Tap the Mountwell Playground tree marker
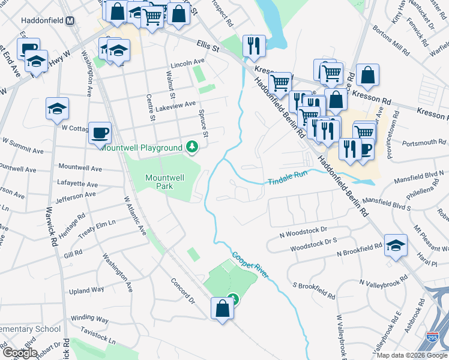pyautogui.click(x=192, y=147)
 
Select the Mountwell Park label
pyautogui.click(x=164, y=181)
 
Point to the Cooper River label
pyautogui.click(x=250, y=264)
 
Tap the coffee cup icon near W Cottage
pyautogui.click(x=100, y=132)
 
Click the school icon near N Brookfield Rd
pyautogui.click(x=396, y=245)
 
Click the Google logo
pyautogui.click(x=20, y=352)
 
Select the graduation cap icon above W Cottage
pyautogui.click(x=58, y=109)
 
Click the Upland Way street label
pyautogui.click(x=86, y=290)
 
